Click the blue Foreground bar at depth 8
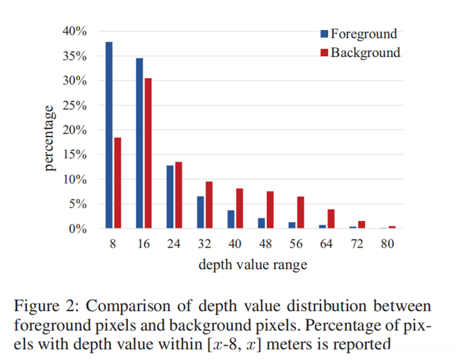[109, 135]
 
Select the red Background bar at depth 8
[117, 183]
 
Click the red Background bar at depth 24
[179, 195]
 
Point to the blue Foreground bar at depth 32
[201, 212]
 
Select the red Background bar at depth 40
[240, 209]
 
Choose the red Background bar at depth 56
[300, 212]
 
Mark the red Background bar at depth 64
[331, 219]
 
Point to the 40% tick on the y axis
[75, 31]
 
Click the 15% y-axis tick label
[75, 155]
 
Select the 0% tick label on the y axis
[78, 229]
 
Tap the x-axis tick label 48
[266, 244]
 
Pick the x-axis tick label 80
[388, 244]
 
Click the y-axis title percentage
[50, 138]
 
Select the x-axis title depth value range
[253, 265]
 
